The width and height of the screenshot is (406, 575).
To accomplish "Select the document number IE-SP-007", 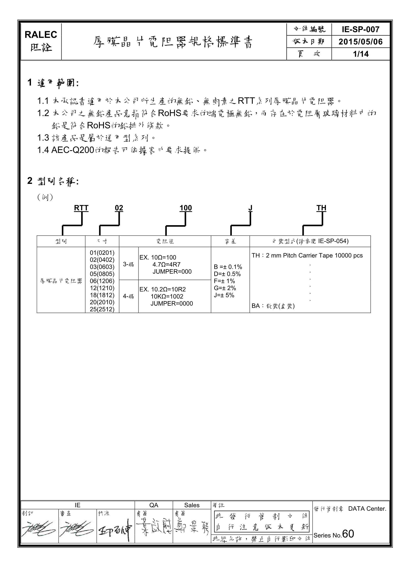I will click(360, 30).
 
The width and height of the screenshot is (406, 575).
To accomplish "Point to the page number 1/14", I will click(360, 54).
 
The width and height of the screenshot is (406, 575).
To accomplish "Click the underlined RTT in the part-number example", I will click(81, 208).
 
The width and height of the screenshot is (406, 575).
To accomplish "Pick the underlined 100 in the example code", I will click(186, 208).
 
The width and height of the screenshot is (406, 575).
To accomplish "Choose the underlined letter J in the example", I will click(250, 208).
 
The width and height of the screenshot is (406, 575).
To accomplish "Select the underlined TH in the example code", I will click(321, 208).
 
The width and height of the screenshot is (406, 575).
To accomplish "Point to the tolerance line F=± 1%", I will click(224, 281).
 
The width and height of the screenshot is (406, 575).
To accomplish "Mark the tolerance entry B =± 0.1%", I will click(228, 267).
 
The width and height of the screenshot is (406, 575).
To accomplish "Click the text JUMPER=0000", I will click(172, 304).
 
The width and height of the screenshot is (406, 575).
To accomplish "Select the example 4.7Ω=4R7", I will click(166, 264).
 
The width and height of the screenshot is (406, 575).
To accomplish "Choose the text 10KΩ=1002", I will click(167, 296).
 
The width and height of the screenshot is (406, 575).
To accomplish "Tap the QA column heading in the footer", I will click(154, 505).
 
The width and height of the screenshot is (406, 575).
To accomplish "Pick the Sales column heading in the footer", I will click(192, 505).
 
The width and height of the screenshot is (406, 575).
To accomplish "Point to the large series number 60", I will click(348, 534).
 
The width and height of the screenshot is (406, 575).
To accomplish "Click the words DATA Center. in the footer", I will click(367, 509).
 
